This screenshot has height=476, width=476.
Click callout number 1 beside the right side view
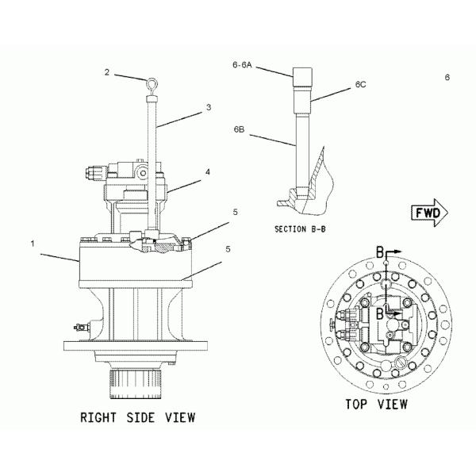point(33,244)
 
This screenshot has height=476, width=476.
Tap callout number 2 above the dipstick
point(106,72)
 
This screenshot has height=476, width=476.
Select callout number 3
point(208,107)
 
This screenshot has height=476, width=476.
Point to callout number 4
point(207,171)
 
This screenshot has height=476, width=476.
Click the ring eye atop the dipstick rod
point(152,79)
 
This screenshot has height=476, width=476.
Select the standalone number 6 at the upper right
point(447,77)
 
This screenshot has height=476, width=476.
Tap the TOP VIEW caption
point(376,405)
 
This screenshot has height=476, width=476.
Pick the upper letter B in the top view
point(380,252)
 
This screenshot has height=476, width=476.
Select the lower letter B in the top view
point(380,313)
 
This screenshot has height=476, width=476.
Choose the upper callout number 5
point(213,212)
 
